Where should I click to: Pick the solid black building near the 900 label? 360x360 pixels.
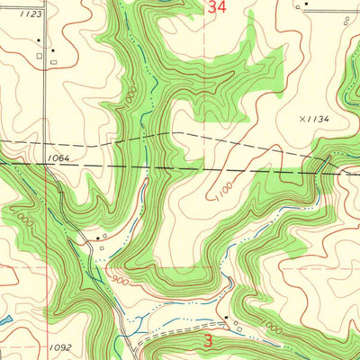97,238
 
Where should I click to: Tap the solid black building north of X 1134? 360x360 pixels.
305,4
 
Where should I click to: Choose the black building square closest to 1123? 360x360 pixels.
52,50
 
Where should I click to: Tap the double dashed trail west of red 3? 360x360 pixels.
180,325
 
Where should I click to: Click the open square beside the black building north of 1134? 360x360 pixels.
297,5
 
